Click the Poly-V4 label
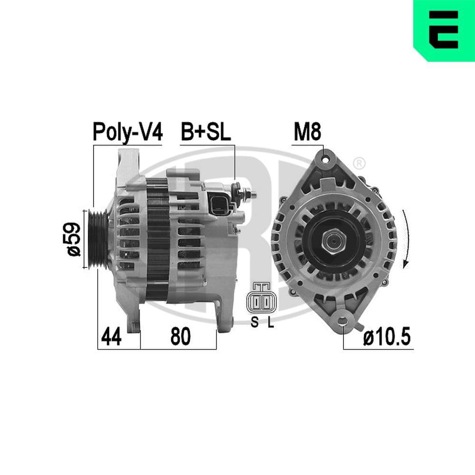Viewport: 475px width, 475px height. coord(127,133)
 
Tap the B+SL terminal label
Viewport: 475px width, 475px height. coord(205,133)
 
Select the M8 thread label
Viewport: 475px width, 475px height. coord(307,133)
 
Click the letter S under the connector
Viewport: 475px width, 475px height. coord(254,323)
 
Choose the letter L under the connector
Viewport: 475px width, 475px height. coord(270,323)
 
